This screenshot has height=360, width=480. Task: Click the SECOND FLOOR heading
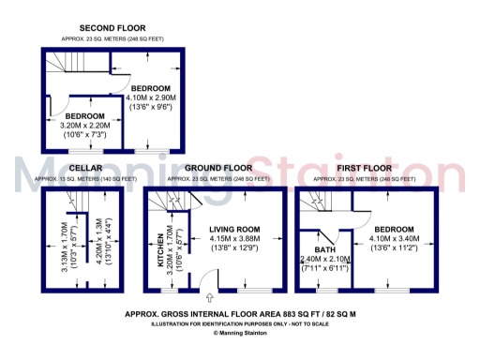coord(112,29)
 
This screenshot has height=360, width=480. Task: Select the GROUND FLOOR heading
coord(215,168)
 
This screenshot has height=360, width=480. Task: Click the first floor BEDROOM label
coord(394,229)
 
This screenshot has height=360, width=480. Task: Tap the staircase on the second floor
coord(63,67)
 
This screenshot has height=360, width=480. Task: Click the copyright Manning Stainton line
coord(240,333)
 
